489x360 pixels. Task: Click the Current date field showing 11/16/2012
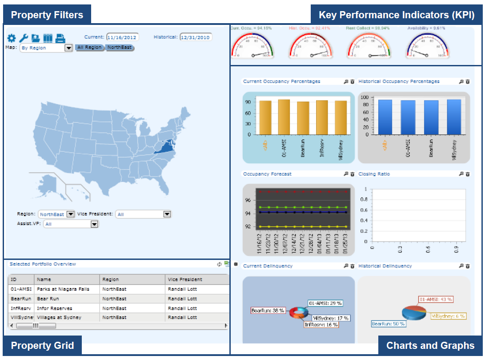122,37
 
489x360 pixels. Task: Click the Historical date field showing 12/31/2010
196,37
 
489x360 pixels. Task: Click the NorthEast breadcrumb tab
120,47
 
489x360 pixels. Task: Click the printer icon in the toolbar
60,38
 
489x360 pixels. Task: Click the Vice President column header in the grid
185,279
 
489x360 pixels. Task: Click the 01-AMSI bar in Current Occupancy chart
284,117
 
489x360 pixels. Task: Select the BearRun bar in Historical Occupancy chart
431,117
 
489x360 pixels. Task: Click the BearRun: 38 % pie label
268,311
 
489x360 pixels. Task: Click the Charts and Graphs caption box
430,345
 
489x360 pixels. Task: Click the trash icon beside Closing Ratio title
468,174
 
